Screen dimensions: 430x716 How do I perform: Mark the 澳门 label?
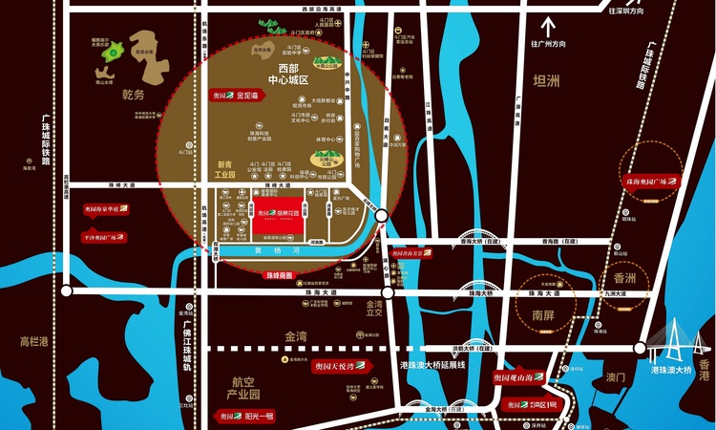click(x=606, y=377)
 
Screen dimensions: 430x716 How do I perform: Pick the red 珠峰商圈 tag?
click(x=279, y=274)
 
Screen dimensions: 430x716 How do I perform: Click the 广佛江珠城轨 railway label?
click(x=187, y=344)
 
